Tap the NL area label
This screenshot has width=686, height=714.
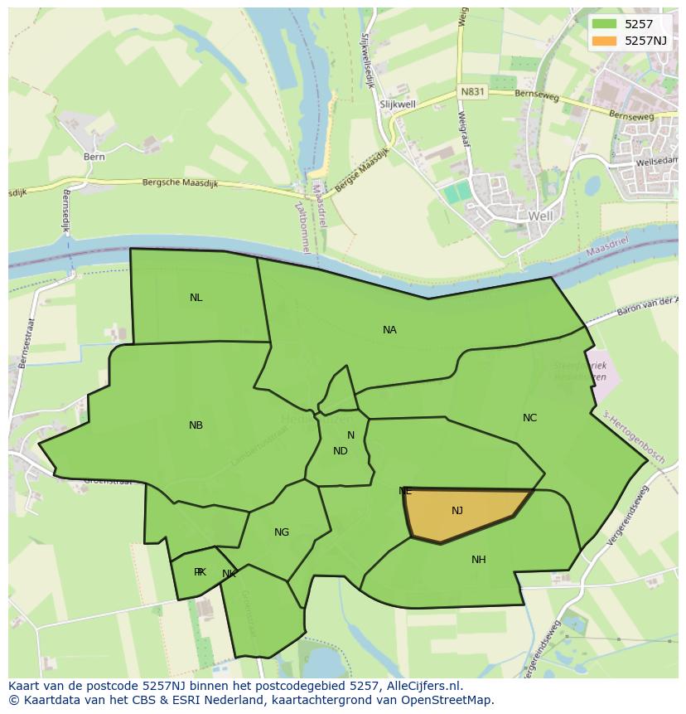(x=196, y=298)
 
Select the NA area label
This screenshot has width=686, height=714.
(x=389, y=330)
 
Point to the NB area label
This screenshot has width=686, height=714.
(x=196, y=425)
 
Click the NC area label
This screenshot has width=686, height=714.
(x=529, y=418)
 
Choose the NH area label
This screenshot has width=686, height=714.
(x=478, y=560)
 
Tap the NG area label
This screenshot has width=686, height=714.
(x=282, y=532)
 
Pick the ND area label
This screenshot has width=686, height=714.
(x=340, y=451)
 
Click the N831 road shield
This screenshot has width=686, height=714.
(x=471, y=92)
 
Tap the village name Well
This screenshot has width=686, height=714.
(x=540, y=216)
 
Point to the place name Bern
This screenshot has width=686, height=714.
(x=94, y=156)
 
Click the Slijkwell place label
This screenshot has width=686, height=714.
(x=397, y=104)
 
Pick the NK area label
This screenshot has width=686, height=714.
(x=229, y=573)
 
